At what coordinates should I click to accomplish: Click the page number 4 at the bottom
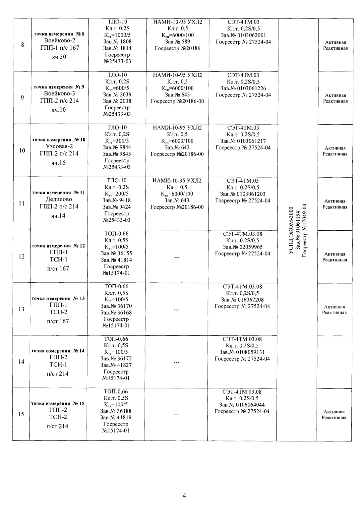(184, 496)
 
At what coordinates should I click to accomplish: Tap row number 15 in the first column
(21, 414)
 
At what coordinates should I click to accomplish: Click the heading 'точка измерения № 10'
(58, 140)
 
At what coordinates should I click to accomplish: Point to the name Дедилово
(59, 200)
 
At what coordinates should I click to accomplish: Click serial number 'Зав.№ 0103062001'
(243, 35)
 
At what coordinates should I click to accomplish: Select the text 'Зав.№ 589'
(177, 42)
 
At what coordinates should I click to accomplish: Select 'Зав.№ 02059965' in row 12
(243, 247)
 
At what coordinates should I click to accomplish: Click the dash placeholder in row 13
(176, 310)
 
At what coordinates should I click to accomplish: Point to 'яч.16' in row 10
(59, 163)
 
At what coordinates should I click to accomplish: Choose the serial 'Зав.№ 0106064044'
(242, 405)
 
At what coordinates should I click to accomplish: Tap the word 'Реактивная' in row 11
(335, 207)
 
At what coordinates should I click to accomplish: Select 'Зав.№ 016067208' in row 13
(242, 300)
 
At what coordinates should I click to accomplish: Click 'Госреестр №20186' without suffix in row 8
(177, 48)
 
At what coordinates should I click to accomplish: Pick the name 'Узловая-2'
(59, 146)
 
